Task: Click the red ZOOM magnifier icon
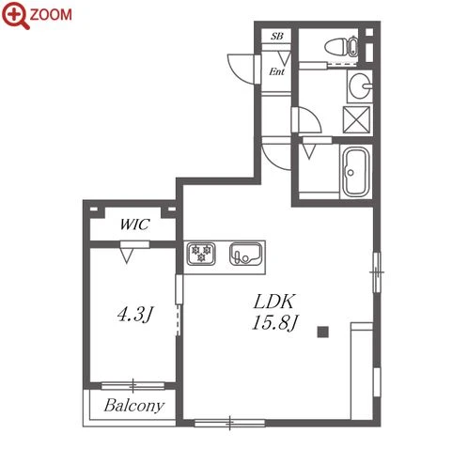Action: (x=16, y=15)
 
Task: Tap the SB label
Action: (x=277, y=37)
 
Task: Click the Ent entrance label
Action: (x=277, y=71)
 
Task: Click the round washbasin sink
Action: (x=360, y=86)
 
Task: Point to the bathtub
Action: (x=356, y=172)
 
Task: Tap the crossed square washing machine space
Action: (x=356, y=120)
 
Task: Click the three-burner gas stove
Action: (x=201, y=254)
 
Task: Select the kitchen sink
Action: (x=245, y=254)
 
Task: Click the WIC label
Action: (x=134, y=224)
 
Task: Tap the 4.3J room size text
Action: (x=135, y=314)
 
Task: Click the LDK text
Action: (x=274, y=302)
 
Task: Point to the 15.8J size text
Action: (x=274, y=322)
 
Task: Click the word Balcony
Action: (x=134, y=406)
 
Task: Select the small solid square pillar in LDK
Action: (x=322, y=332)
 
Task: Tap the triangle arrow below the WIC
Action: (x=127, y=255)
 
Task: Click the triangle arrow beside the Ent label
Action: (x=285, y=58)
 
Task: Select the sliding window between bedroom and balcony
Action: (x=133, y=385)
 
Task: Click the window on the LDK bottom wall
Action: (x=229, y=423)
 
